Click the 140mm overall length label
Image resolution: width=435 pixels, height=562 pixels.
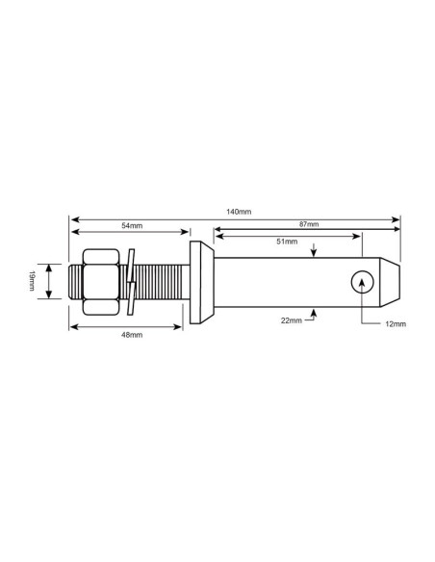pyautogui.click(x=240, y=211)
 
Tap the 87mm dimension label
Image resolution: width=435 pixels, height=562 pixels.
pyautogui.click(x=309, y=224)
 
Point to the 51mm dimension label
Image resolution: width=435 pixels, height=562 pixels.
pyautogui.click(x=286, y=243)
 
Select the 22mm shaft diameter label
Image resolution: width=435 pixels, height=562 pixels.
pyautogui.click(x=291, y=320)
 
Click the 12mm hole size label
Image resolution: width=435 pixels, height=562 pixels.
pyautogui.click(x=395, y=325)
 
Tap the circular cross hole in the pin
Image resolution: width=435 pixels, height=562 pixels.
pyautogui.click(x=363, y=280)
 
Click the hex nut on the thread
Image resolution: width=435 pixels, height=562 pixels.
pyautogui.click(x=101, y=281)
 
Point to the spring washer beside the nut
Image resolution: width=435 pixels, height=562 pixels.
pyautogui.click(x=133, y=281)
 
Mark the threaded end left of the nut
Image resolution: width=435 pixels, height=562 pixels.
pyautogui.click(x=76, y=281)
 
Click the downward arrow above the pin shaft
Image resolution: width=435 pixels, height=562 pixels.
pyautogui.click(x=315, y=254)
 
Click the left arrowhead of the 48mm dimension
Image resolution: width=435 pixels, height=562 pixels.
pyautogui.click(x=73, y=327)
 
